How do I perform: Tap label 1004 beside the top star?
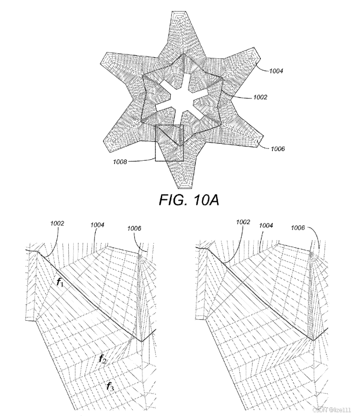(x=276, y=71)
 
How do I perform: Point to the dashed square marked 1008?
(x=169, y=142)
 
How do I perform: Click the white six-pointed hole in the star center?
(x=180, y=99)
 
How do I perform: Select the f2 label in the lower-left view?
(x=103, y=358)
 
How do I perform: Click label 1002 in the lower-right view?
(x=244, y=222)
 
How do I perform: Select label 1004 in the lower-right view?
(x=267, y=225)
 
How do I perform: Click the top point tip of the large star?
(x=180, y=13)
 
